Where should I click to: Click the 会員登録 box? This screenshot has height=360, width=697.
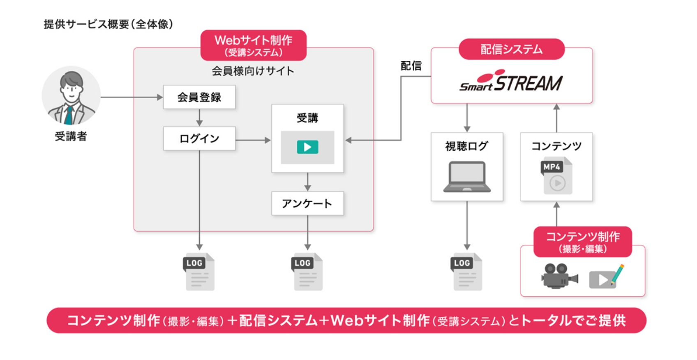tap(199, 97)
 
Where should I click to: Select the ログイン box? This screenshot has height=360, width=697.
tap(199, 138)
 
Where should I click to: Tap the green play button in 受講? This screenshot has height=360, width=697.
tap(307, 147)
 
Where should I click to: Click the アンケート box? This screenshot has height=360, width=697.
tap(307, 203)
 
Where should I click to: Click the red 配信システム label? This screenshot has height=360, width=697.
tap(511, 49)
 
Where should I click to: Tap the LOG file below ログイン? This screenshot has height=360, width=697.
tap(199, 272)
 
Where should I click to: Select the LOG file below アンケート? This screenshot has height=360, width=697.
tap(307, 272)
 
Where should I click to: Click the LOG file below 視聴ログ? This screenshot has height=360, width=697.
tap(467, 272)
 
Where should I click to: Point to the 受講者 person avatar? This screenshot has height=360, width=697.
tap(71, 96)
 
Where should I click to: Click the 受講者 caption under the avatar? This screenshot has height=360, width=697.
tap(71, 136)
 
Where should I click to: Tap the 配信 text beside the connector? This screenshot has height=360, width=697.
tap(411, 66)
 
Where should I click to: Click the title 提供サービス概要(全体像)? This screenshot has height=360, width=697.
tap(108, 24)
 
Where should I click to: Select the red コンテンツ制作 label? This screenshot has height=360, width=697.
tap(582, 242)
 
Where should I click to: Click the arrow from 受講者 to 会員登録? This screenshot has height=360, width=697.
tap(132, 97)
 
